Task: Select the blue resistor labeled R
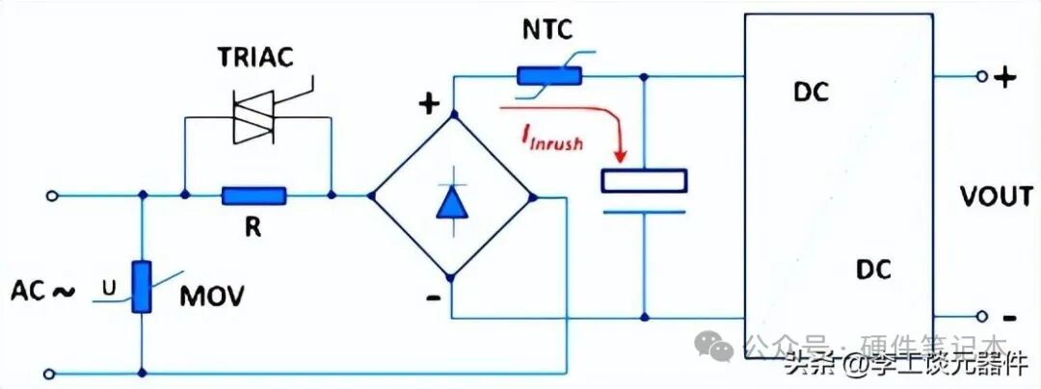click(254, 195)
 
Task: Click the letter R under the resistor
click(253, 229)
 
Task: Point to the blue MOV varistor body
click(142, 286)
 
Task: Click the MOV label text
click(212, 296)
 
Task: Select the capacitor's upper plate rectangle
click(644, 181)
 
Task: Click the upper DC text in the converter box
click(812, 93)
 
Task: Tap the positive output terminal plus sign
click(1005, 78)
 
